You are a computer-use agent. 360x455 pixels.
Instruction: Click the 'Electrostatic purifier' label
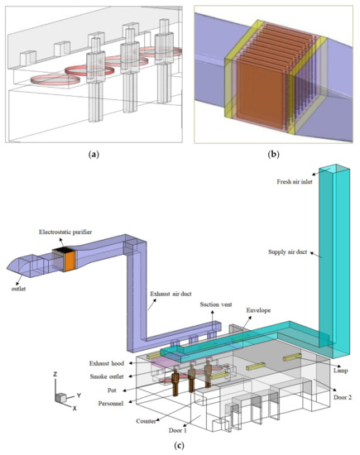coord(65,232)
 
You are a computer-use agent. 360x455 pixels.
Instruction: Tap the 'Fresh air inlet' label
coord(295,182)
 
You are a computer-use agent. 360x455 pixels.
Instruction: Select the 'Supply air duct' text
coord(287,251)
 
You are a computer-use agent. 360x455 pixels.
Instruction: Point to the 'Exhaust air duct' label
coord(170,294)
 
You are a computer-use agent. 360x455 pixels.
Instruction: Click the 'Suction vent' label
coord(216,304)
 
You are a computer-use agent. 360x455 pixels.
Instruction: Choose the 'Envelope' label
coord(258,310)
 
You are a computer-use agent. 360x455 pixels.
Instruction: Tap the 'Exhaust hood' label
coord(107,363)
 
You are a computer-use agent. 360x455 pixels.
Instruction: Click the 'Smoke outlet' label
coord(107,376)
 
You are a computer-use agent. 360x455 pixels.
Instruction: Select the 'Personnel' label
coord(111,404)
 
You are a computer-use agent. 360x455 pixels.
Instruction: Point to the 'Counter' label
coord(146,421)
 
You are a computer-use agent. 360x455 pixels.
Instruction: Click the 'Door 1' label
coord(178,430)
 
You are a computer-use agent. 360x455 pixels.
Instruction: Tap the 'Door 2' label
coord(343,397)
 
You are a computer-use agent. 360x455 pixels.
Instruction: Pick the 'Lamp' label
coord(340,371)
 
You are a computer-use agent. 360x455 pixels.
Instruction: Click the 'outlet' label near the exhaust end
coord(18,289)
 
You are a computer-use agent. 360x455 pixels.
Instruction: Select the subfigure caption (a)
coord(94,155)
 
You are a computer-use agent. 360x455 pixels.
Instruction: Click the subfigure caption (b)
coord(273,155)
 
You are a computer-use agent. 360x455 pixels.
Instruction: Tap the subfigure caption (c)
coord(179,445)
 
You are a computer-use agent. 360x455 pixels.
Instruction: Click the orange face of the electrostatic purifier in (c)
coord(70,261)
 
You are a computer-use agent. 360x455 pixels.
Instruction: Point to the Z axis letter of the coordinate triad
coord(55,374)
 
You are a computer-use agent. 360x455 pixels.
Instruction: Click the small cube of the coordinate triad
coord(61,398)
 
